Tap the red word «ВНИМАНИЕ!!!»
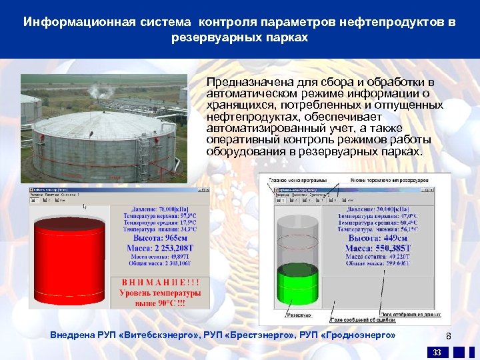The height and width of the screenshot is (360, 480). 160,282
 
